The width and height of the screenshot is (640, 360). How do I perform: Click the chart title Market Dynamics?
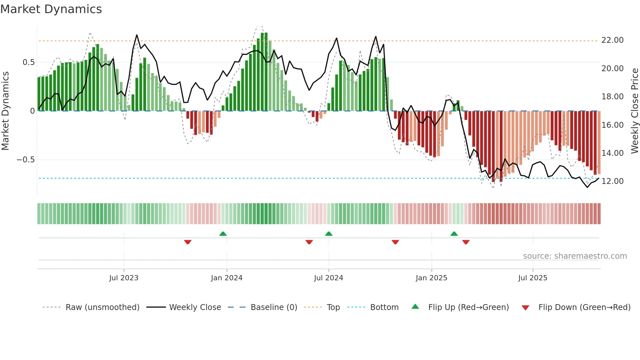51,9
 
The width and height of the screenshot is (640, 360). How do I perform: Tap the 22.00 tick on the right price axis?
612,40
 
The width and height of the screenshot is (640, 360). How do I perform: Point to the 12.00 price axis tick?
612,181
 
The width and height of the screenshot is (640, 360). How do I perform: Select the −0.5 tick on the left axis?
25,160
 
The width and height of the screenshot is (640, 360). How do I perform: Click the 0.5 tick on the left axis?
28,62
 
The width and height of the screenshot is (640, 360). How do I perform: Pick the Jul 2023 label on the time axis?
124,278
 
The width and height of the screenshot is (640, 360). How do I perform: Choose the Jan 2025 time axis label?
431,278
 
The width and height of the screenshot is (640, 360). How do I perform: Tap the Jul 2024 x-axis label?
328,278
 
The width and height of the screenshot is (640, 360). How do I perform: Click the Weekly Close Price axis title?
634,111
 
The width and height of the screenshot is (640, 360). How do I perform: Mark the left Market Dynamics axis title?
5,111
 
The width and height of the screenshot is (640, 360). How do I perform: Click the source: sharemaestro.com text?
575,256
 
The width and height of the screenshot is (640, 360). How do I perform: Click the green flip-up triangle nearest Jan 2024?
223,234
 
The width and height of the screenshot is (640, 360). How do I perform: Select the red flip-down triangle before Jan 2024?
188,242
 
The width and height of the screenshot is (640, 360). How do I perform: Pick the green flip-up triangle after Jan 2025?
454,234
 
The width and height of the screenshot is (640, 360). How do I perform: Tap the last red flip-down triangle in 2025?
466,242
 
